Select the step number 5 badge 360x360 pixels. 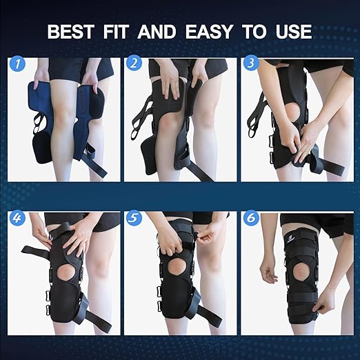[134, 221]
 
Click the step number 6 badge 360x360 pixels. [249, 221]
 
